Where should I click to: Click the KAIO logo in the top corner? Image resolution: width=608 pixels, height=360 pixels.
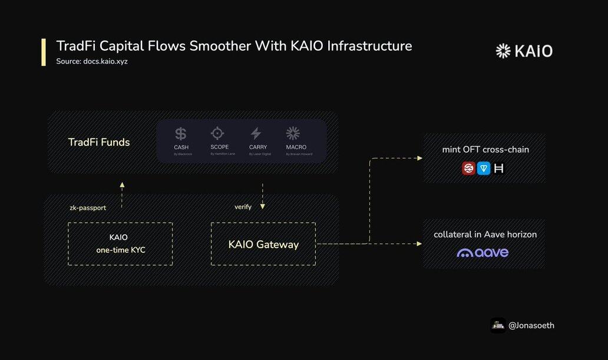pyautogui.click(x=524, y=51)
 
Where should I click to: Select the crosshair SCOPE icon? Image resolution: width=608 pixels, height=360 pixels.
pyautogui.click(x=219, y=133)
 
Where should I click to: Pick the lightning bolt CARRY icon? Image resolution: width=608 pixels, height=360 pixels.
pyautogui.click(x=256, y=133)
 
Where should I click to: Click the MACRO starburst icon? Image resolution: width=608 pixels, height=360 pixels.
pyautogui.click(x=293, y=133)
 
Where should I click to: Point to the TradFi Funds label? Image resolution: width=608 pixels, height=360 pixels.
pyautogui.click(x=99, y=142)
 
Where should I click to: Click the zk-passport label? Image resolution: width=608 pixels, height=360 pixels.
pyautogui.click(x=87, y=207)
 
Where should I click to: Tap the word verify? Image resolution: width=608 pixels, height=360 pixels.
pyautogui.click(x=243, y=207)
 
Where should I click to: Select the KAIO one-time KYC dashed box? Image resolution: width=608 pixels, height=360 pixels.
pyautogui.click(x=120, y=243)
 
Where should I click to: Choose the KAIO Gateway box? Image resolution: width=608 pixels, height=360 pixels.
pyautogui.click(x=263, y=244)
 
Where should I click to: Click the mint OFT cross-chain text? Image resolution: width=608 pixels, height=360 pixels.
pyautogui.click(x=485, y=150)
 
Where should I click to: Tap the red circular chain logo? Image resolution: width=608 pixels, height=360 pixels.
pyautogui.click(x=469, y=169)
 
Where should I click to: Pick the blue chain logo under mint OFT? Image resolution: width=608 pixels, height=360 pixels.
pyautogui.click(x=484, y=169)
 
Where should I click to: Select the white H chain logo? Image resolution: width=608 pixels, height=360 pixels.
pyautogui.click(x=499, y=169)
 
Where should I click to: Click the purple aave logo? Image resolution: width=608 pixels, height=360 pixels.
pyautogui.click(x=483, y=253)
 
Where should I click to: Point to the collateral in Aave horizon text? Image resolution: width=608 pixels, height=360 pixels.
pyautogui.click(x=485, y=235)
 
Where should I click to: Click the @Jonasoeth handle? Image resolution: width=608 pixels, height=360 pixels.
pyautogui.click(x=531, y=325)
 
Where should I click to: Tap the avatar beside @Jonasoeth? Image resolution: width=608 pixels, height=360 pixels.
pyautogui.click(x=498, y=325)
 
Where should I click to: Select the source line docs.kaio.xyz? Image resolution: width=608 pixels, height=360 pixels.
pyautogui.click(x=92, y=61)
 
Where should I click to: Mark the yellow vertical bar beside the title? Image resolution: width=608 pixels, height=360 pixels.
pyautogui.click(x=44, y=52)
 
